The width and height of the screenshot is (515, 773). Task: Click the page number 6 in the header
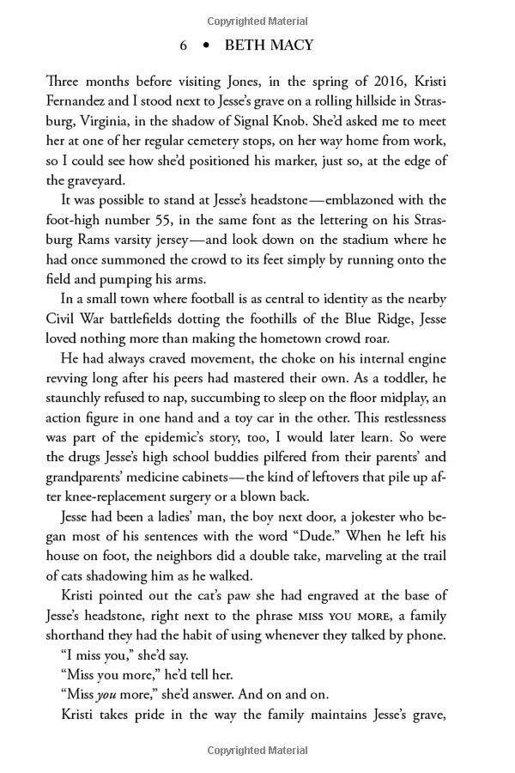coord(184,46)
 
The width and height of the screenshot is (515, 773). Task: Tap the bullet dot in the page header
coord(206,46)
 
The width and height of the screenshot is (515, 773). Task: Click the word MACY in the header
coord(291,46)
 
